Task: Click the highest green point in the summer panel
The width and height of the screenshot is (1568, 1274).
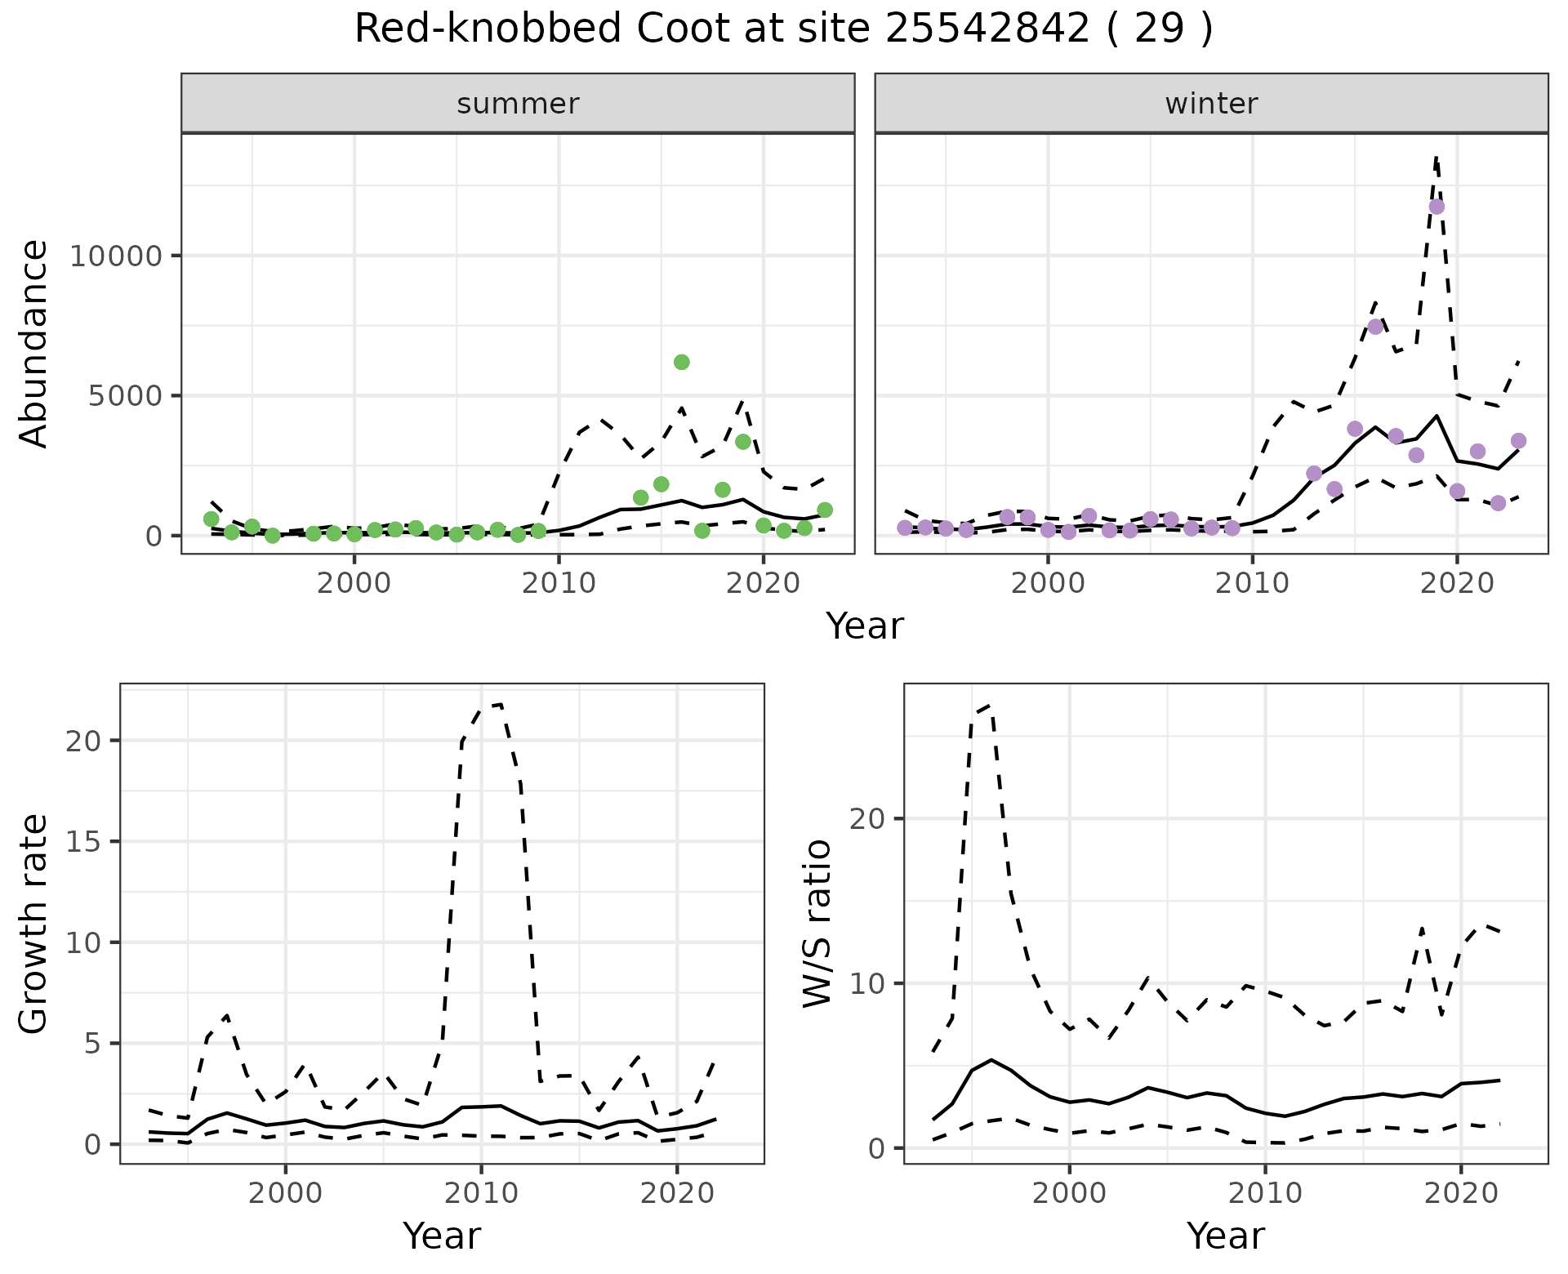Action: [681, 362]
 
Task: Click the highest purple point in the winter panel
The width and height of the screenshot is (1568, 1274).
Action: [1437, 207]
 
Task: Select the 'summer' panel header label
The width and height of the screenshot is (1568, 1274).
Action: [518, 104]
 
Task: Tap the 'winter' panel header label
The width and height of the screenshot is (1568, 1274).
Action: [1211, 104]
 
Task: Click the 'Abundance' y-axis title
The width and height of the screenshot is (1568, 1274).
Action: [34, 344]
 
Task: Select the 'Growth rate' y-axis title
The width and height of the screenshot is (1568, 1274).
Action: [34, 924]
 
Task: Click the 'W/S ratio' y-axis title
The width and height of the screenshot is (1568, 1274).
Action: [817, 924]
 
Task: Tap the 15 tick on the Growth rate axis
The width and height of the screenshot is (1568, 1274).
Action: [87, 842]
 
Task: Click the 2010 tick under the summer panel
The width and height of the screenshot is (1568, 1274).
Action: [559, 583]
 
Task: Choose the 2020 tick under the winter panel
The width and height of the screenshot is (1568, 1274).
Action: [1457, 583]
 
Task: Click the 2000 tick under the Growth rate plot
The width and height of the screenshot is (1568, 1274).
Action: [285, 1193]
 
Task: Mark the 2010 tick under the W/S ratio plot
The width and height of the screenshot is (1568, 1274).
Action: [1265, 1193]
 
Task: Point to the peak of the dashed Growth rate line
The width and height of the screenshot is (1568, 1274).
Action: [500, 704]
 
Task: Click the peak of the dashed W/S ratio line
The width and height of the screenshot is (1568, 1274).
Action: [990, 705]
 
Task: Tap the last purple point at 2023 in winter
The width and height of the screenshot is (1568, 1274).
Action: [1518, 441]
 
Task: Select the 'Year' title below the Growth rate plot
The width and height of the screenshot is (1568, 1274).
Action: [442, 1236]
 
